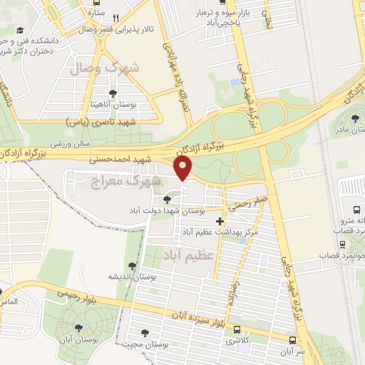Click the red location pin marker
click(184, 169)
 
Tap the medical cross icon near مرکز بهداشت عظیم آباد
click(220, 222)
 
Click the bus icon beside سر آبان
click(293, 340)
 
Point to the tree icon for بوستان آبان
click(78, 328)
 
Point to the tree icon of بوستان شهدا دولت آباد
click(167, 200)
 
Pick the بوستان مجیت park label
click(164, 344)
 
